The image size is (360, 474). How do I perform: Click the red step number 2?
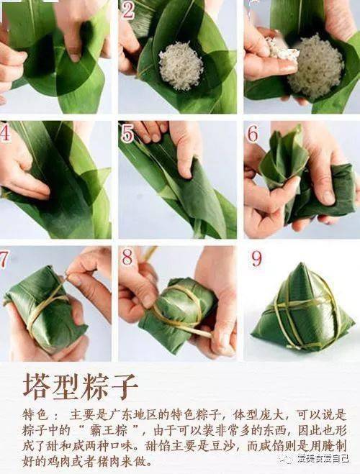pyautogui.click(x=128, y=9)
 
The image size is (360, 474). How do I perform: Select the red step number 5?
pyautogui.click(x=127, y=134)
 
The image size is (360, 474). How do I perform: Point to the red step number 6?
pyautogui.click(x=253, y=134)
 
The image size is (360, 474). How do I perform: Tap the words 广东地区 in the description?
pyautogui.click(x=140, y=416)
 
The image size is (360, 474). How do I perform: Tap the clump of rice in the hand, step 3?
pyautogui.click(x=282, y=49)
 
